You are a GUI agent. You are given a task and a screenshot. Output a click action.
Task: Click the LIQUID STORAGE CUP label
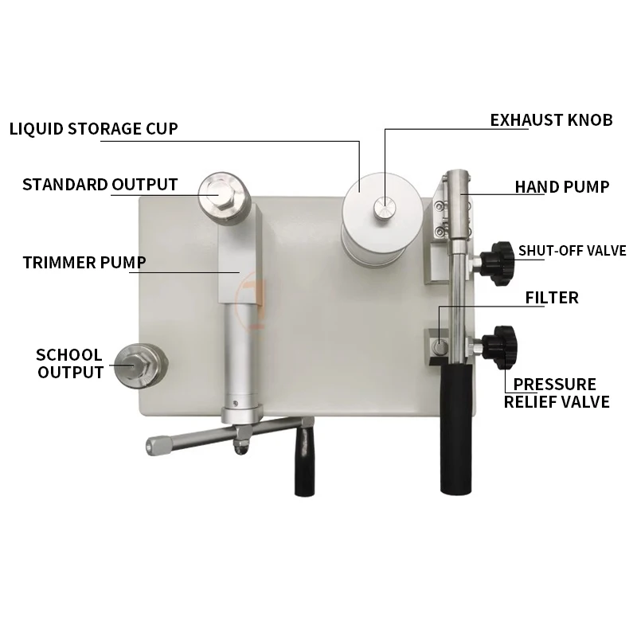coord(93,128)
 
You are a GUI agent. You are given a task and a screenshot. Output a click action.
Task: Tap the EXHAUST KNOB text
coord(551,120)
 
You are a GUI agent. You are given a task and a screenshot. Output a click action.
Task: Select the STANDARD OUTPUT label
coord(100,185)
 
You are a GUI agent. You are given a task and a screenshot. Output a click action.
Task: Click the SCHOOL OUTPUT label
coord(69,363)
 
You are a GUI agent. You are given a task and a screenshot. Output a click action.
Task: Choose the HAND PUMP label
coord(561,187)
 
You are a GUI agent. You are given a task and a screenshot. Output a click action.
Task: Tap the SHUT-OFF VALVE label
coord(572,250)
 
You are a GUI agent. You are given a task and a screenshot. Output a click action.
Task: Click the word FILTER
coord(552,298)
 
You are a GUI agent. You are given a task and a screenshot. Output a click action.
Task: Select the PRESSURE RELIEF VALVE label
coord(557,393)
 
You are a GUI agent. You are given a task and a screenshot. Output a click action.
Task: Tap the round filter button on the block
coord(440,347)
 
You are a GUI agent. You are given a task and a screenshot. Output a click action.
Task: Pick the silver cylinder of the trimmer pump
coord(240,350)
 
